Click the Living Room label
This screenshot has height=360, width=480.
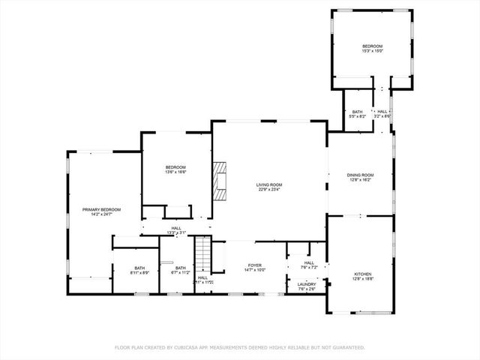coord(269,184)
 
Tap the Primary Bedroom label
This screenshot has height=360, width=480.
coord(101,209)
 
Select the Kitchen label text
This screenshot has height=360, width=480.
coord(362,274)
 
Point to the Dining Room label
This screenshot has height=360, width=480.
coord(360,175)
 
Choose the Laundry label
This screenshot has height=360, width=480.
coord(306,284)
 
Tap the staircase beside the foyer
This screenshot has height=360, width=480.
coord(201,255)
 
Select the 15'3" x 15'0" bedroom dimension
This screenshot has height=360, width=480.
coord(373,51)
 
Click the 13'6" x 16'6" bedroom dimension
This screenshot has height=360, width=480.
coord(175,172)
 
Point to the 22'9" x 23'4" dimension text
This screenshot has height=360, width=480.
coord(269,190)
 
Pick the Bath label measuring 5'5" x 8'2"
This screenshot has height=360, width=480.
coord(358,112)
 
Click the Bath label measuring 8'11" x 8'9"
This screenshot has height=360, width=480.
coord(139,268)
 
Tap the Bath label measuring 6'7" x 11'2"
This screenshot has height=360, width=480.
coord(181,268)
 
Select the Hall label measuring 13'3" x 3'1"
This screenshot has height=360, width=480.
coord(176,228)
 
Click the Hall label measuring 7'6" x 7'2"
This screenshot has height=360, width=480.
coord(309,262)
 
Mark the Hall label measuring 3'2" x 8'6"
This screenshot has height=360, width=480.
coord(382,112)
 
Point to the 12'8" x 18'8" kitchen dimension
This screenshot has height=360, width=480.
coord(362,280)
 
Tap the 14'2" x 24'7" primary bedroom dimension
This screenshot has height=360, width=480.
coord(101,214)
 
